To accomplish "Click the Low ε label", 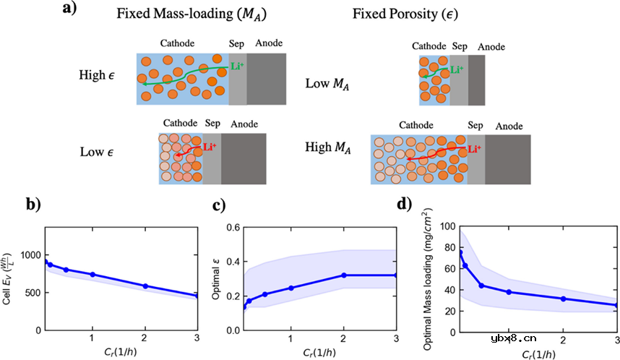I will click(x=99, y=153).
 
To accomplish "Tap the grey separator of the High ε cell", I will click(x=238, y=79).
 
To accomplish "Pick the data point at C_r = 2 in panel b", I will click(x=145, y=286).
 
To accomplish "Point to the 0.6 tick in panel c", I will click(x=233, y=227).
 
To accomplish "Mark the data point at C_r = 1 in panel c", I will click(x=291, y=288).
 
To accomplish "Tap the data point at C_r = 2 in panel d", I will click(x=563, y=299).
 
